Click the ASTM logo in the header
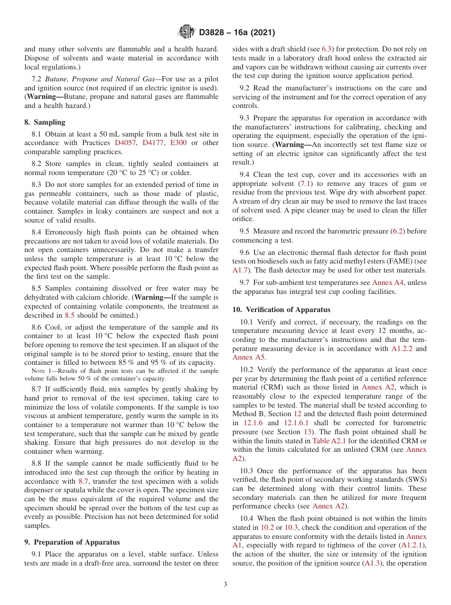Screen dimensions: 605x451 [x=187, y=32]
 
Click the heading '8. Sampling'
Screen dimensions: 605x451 [x=45, y=122]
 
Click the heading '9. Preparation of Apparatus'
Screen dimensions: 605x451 [x=72, y=542]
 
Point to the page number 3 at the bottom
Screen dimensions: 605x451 [x=225, y=584]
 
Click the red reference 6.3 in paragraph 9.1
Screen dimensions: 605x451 [x=328, y=49]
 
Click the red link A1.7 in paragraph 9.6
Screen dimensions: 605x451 [x=240, y=270]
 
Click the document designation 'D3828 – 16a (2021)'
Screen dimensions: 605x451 [x=237, y=33]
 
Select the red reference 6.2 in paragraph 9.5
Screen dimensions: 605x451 [x=397, y=231]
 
